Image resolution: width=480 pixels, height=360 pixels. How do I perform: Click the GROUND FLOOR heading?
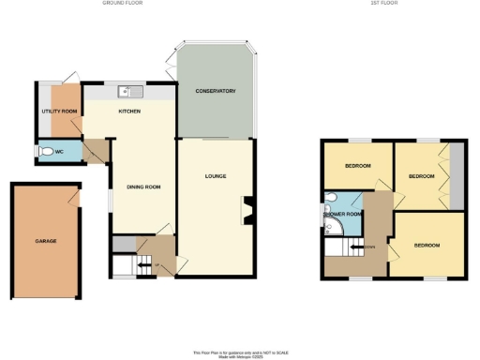coord(119,4)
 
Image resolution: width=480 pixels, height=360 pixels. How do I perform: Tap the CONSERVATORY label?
coord(215,91)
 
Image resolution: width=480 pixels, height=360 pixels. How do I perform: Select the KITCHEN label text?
coord(129,111)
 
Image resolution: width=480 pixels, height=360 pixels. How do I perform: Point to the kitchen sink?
coord(128,91)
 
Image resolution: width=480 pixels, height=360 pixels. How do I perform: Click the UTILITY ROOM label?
coord(58,112)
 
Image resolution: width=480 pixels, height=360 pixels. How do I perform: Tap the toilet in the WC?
coord(45,150)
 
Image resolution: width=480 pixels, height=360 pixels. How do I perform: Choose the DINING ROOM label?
coord(143,187)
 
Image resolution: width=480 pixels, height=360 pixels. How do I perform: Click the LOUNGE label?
coord(217,176)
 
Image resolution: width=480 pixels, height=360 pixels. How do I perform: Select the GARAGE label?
coord(46,241)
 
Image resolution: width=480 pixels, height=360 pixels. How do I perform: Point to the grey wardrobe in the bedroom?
coord(457,174)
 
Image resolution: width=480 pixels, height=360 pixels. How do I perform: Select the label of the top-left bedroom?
coord(357,166)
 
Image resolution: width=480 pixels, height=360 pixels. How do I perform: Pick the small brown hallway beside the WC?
coord(95,151)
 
